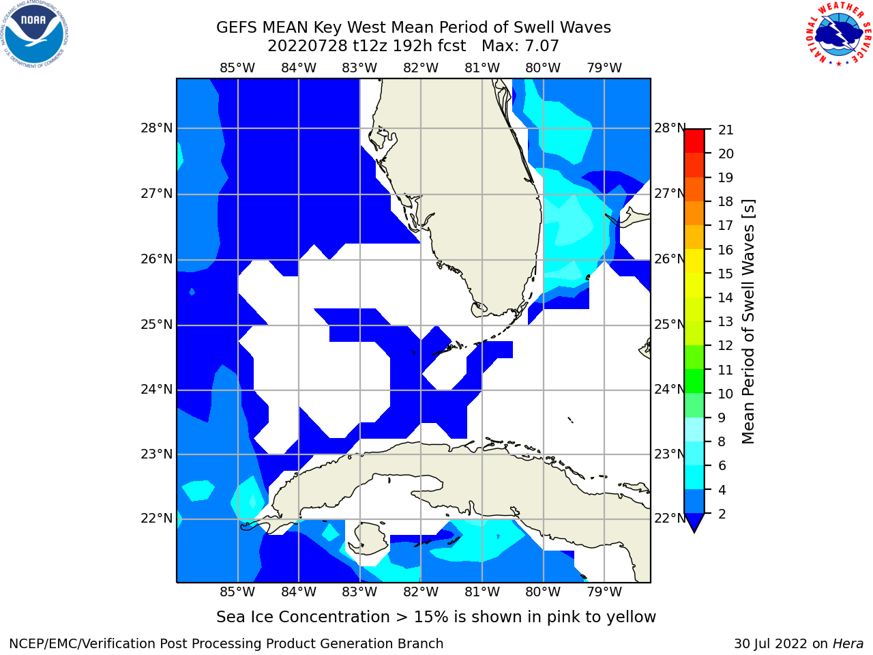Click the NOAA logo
[35, 35]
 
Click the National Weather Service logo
[839, 34]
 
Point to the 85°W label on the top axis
[237, 68]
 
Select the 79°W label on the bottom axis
[604, 592]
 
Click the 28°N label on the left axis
[157, 128]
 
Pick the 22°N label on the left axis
[157, 518]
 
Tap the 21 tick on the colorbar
[726, 130]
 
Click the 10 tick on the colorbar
[726, 394]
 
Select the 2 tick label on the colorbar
[722, 514]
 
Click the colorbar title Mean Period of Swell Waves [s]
[748, 321]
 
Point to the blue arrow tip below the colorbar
[694, 532]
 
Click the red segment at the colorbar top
[694, 141]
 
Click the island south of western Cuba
[370, 538]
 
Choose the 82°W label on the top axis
[421, 68]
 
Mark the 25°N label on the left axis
[157, 325]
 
